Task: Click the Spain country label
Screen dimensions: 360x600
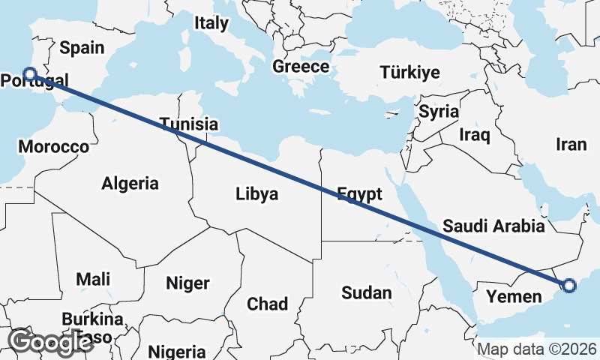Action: [82, 48]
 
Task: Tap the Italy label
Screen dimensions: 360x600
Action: [211, 23]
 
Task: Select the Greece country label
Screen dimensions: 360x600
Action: [301, 67]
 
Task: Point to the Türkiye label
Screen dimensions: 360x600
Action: [409, 73]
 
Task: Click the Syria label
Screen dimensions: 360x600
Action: [439, 112]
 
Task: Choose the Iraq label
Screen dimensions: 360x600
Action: [475, 135]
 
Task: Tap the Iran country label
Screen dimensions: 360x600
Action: [571, 145]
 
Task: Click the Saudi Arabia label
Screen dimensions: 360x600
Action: [493, 226]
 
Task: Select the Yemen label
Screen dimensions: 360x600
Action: [514, 296]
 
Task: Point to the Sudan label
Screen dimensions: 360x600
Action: [366, 292]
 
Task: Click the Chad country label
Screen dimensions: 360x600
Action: [268, 304]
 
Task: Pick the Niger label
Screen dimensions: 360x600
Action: [187, 283]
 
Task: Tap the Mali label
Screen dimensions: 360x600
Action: [93, 280]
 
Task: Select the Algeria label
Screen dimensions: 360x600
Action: [130, 183]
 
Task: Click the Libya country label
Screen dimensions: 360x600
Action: [256, 194]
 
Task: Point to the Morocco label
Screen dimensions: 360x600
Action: [54, 146]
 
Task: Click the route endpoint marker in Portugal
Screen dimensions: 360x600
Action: [30, 73]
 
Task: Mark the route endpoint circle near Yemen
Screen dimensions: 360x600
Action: [568, 285]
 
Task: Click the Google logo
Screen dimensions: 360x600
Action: [50, 342]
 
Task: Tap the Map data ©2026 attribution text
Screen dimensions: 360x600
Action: [537, 349]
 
